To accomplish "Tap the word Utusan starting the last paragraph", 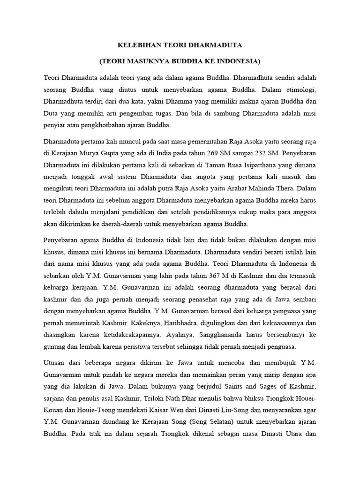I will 54,363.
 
